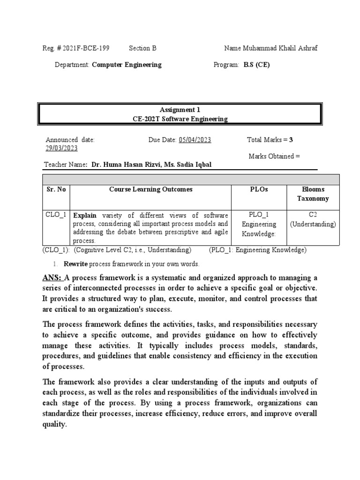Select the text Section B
142,48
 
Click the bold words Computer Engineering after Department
127,65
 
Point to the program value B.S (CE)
256,65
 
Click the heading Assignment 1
180,110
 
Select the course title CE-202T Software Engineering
180,119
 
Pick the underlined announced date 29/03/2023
61,148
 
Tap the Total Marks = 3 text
270,140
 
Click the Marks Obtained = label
274,156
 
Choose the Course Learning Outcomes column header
150,189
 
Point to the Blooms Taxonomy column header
313,194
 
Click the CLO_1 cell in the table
56,215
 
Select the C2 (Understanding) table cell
313,219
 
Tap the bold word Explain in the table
85,215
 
